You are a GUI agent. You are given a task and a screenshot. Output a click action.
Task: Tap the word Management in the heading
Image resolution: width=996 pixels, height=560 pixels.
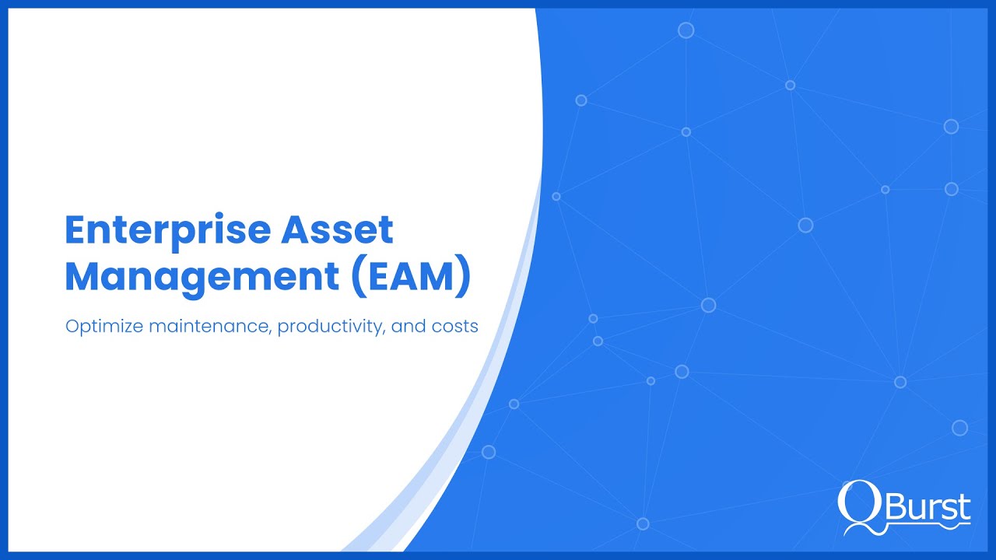(x=202, y=278)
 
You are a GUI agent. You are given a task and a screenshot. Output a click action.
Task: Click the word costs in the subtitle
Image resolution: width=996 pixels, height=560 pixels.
(x=454, y=326)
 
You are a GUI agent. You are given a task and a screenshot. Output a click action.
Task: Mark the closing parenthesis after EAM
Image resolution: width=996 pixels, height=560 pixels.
(x=463, y=278)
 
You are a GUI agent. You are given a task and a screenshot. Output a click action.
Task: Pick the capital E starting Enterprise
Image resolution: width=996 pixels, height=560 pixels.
(x=75, y=231)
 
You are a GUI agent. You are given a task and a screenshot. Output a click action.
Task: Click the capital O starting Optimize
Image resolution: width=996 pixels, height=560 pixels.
(x=72, y=326)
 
